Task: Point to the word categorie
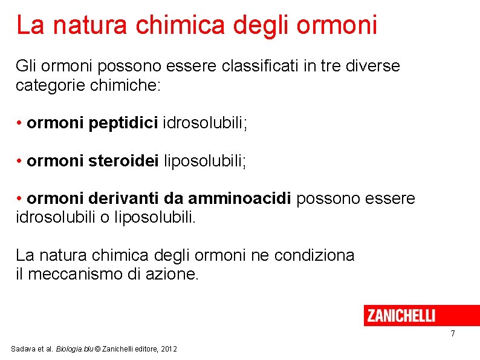(50, 85)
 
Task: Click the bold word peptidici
(123, 123)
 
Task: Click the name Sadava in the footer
(24, 350)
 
